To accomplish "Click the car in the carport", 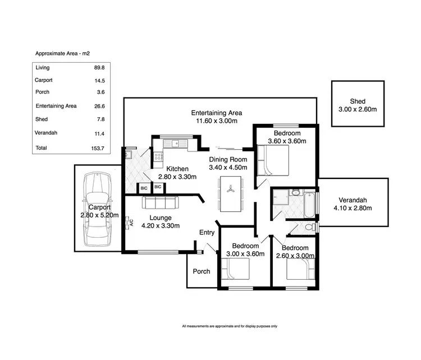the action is pos(97,209).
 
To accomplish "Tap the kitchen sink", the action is pos(176,142).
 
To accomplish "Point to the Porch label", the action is pos(202,271).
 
